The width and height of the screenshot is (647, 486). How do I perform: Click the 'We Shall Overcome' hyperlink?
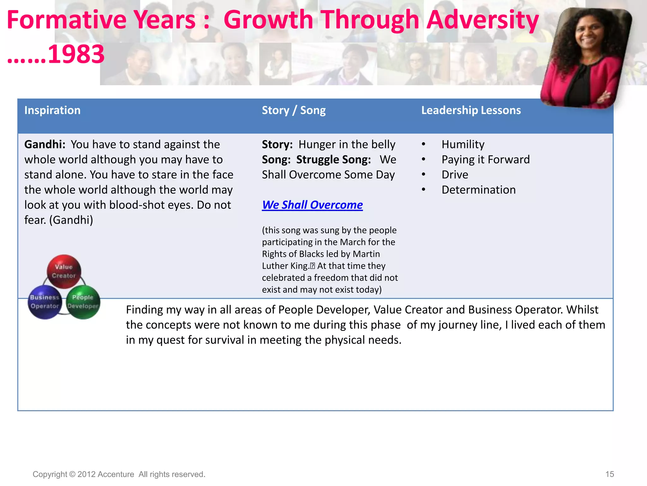[x=312, y=205]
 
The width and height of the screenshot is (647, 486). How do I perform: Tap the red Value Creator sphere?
[x=64, y=271]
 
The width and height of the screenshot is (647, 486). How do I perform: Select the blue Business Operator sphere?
[x=45, y=302]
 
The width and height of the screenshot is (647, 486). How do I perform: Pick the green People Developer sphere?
[x=83, y=302]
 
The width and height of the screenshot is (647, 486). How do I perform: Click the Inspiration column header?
[x=52, y=110]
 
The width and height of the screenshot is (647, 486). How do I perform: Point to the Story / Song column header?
[x=293, y=110]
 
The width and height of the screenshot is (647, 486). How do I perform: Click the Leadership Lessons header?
[x=471, y=110]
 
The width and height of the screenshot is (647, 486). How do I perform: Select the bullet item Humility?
[x=463, y=145]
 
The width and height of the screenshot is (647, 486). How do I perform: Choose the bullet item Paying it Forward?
[x=485, y=159]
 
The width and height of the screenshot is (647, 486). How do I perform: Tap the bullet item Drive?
[x=455, y=175]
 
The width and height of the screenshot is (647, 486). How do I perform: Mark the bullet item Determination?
[x=478, y=190]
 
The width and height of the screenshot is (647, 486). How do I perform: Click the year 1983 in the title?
[x=76, y=54]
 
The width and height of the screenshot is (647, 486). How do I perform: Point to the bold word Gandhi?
[x=45, y=145]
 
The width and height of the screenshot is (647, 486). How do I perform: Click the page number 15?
[x=609, y=474]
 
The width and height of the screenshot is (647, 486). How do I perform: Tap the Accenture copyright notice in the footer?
[x=119, y=474]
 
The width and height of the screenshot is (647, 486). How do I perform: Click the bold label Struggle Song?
[x=333, y=159]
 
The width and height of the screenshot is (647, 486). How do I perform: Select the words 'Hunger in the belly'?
[x=347, y=145]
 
